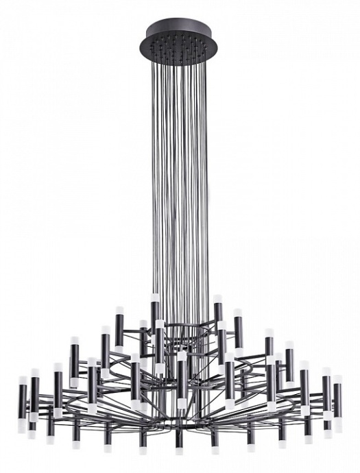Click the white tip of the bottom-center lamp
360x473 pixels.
point(179,450)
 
